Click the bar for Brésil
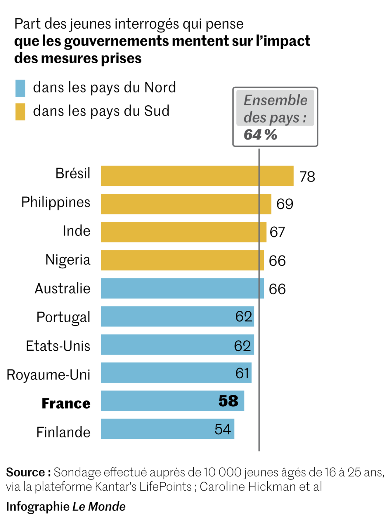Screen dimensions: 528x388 197,176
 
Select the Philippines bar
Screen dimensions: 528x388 186,204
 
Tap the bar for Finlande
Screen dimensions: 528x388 167,429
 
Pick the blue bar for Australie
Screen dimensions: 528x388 182,288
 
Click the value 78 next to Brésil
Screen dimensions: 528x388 307,177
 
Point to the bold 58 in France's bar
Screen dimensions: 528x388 228,401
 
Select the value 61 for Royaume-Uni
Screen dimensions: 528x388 242,373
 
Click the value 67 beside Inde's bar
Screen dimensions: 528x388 277,232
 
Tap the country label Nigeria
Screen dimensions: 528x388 68,260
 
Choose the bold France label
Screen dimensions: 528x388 66,403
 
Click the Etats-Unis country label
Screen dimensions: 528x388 58,346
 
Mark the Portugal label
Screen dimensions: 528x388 63,317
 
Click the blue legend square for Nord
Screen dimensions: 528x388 20,88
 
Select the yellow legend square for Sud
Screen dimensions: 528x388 20,112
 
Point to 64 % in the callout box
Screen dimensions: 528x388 260,135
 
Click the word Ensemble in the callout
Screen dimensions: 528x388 276,100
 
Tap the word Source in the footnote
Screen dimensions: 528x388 25,472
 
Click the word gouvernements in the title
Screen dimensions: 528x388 116,41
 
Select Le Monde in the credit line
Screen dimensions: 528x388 99,507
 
